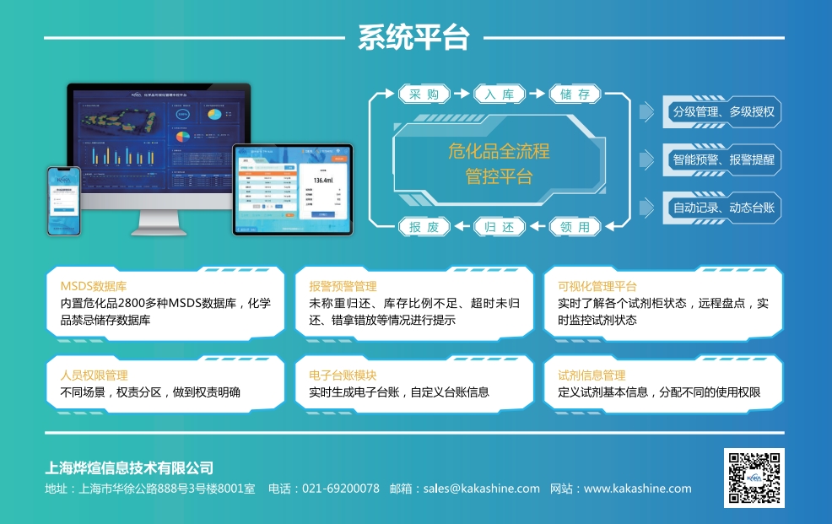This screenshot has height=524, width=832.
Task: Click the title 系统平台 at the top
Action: (413, 38)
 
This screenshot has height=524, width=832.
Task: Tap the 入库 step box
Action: (500, 95)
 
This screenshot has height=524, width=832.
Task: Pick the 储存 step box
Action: (575, 95)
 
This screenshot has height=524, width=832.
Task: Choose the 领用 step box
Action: (575, 226)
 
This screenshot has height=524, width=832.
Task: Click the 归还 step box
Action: (500, 226)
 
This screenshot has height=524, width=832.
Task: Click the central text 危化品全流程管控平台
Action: (499, 164)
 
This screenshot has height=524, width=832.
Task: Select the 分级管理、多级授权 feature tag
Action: (723, 111)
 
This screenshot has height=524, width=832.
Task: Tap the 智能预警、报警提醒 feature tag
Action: (723, 159)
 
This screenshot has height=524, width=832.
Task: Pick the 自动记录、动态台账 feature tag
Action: (723, 208)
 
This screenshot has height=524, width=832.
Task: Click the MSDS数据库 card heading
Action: (93, 286)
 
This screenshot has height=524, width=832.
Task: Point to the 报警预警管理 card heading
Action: (343, 286)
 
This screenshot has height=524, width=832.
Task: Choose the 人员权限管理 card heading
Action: (94, 375)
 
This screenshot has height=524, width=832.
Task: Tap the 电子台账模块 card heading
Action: (343, 375)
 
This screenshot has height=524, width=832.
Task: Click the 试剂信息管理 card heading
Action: (592, 375)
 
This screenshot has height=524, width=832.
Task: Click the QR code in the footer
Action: (754, 478)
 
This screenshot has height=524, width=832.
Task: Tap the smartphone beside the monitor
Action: (64, 200)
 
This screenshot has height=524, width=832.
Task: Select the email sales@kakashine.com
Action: (481, 489)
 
